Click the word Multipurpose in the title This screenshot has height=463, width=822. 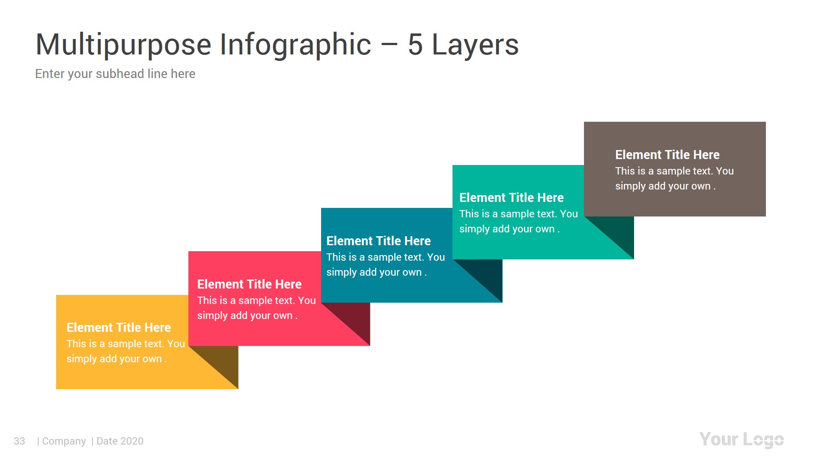click(x=123, y=45)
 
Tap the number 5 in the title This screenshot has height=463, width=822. click(x=415, y=45)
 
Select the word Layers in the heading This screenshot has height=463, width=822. click(x=475, y=45)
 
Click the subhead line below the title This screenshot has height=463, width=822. click(x=115, y=74)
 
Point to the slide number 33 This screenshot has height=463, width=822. click(x=19, y=441)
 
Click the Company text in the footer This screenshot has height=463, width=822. click(x=64, y=441)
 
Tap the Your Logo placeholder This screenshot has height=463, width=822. click(x=741, y=439)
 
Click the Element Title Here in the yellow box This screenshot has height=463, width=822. click(x=119, y=328)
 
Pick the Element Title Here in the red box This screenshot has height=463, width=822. click(x=249, y=284)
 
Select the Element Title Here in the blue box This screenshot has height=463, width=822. click(x=378, y=241)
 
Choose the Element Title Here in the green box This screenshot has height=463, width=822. click(x=511, y=198)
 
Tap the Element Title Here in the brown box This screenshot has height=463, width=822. click(x=667, y=155)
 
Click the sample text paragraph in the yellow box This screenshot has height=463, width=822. click(x=125, y=351)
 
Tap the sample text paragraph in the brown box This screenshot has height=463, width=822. click(x=674, y=178)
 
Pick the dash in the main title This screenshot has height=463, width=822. click(x=389, y=45)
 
